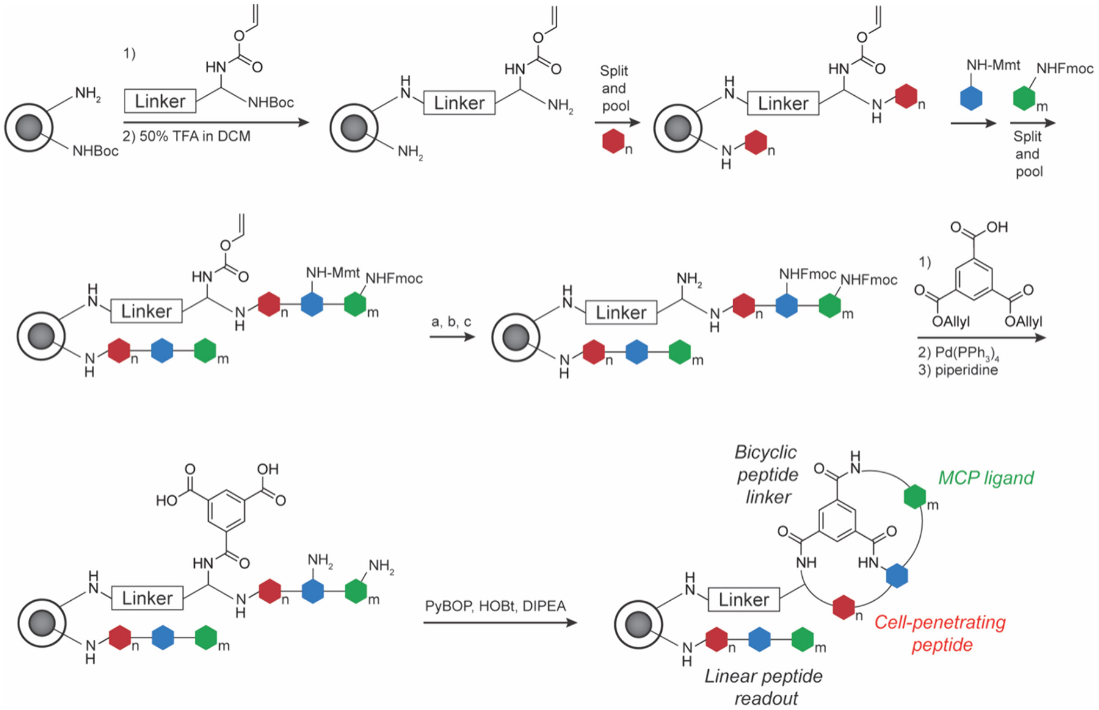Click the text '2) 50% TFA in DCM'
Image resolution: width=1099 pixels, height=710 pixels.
click(186, 136)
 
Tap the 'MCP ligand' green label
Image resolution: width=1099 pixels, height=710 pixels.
click(985, 478)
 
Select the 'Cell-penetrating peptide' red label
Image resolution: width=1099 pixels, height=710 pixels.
click(940, 633)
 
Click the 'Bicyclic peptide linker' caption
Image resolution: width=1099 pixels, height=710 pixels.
click(766, 475)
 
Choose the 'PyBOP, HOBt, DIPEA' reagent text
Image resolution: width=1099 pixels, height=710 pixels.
click(495, 606)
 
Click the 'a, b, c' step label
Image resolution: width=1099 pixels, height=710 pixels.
click(451, 321)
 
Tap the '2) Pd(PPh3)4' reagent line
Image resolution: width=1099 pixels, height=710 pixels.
click(958, 354)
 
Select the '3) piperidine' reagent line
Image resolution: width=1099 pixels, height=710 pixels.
click(957, 370)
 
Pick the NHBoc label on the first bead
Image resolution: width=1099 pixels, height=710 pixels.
click(95, 151)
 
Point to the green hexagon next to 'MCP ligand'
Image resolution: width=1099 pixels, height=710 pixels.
click(915, 497)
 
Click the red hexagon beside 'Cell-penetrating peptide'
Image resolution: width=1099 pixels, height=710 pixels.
click(843, 608)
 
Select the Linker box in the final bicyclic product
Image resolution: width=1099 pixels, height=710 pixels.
click(743, 600)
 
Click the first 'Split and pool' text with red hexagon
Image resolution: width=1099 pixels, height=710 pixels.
click(614, 88)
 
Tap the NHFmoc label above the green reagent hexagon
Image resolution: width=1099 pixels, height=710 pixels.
click(1064, 69)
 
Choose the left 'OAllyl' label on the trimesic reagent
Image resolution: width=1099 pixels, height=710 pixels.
click(952, 321)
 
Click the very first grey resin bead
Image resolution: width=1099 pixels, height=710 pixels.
click(29, 127)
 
